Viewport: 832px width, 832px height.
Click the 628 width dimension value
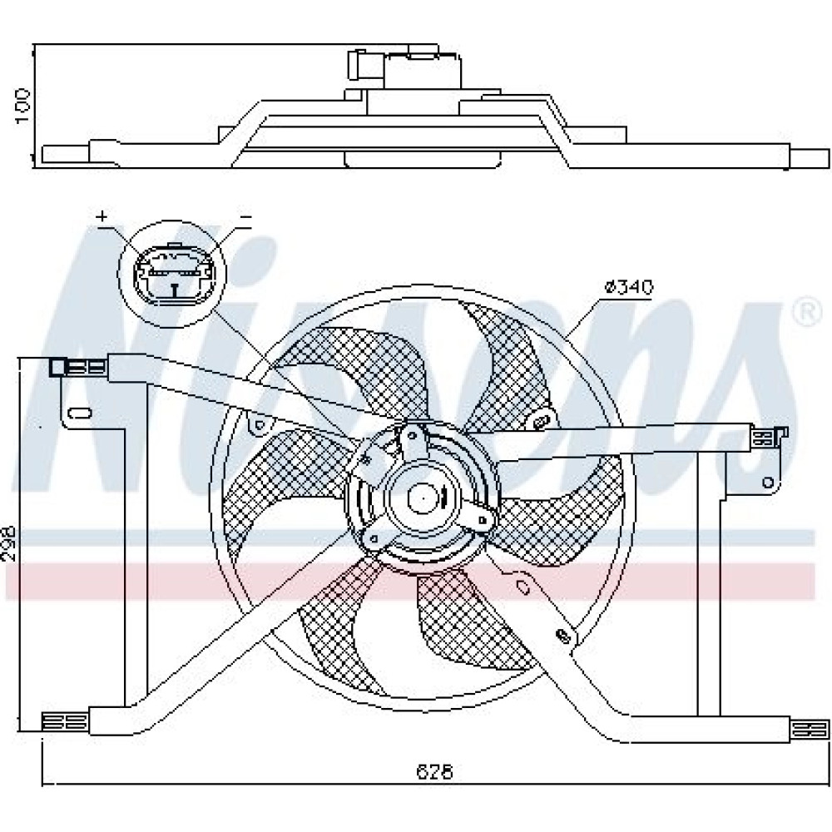click(434, 771)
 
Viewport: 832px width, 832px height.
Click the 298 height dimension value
click(9, 544)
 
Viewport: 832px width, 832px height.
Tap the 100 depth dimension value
click(22, 106)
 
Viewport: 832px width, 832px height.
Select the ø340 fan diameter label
click(628, 288)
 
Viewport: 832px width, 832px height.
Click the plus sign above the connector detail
click(102, 216)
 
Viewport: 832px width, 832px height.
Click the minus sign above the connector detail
click(245, 216)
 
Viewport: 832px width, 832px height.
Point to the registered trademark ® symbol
click(806, 313)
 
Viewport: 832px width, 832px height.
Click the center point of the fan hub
click(423, 498)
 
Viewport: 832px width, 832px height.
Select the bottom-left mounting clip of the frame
click(64, 722)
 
